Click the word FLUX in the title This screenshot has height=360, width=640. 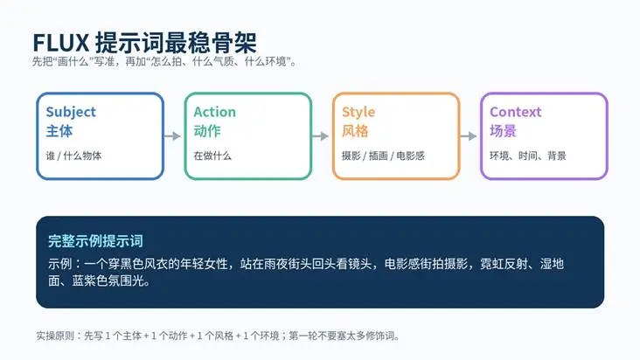click(x=61, y=43)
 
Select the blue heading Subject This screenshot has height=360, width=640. click(x=71, y=112)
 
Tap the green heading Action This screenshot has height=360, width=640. click(x=215, y=112)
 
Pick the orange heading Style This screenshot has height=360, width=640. click(x=358, y=112)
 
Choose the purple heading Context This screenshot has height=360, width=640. click(x=516, y=112)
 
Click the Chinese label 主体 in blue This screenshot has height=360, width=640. click(x=59, y=131)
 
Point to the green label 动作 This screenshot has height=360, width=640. click(x=207, y=131)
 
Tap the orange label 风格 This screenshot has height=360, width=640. click(x=355, y=131)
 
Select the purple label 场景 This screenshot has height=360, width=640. click(x=504, y=131)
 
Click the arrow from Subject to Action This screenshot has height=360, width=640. click(x=172, y=135)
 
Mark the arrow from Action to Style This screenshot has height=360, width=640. click(x=320, y=135)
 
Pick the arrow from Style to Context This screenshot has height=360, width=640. click(x=468, y=135)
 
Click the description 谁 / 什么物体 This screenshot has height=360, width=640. click(x=73, y=156)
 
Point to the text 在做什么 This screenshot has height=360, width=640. click(x=212, y=156)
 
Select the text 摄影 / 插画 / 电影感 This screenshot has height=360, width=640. click(x=383, y=156)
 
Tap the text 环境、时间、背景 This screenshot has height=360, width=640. click(x=528, y=156)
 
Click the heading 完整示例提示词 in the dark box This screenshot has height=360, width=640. click(x=95, y=241)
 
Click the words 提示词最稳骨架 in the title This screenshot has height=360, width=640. click(x=176, y=43)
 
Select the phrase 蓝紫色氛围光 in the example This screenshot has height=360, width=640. click(x=108, y=280)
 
